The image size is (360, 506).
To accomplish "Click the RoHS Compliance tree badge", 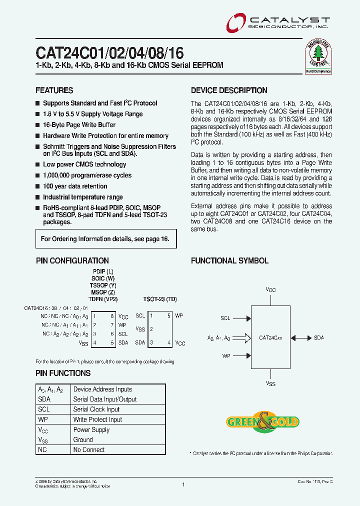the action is [318, 57].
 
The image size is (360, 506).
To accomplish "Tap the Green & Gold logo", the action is [262, 421].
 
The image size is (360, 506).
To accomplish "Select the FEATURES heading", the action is [54, 90].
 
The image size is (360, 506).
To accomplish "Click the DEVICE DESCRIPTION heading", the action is [229, 90].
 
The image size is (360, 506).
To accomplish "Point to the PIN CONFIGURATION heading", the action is [72, 260].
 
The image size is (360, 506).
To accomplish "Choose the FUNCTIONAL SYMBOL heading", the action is [229, 260].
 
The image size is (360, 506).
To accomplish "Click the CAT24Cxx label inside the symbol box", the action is [270, 338].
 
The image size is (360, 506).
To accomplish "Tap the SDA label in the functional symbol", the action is [319, 338].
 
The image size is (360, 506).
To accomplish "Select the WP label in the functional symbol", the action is [226, 356].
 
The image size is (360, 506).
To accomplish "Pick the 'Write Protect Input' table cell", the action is [97, 419].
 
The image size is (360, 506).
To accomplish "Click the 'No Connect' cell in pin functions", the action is [88, 449].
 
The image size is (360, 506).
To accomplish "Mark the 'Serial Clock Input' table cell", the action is [96, 409].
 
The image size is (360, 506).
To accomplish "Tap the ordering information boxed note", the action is [105, 239].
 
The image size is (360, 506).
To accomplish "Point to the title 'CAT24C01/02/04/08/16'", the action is [109, 52].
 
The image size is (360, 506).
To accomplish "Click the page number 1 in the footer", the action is [183, 484].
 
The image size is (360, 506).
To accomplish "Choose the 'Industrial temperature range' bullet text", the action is [82, 197].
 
